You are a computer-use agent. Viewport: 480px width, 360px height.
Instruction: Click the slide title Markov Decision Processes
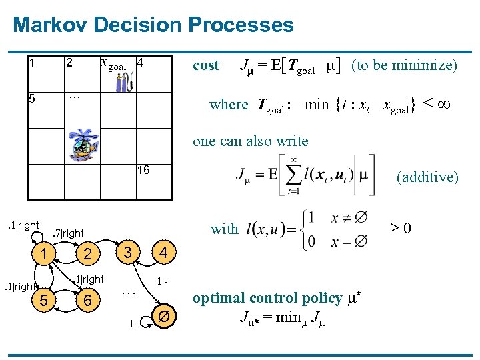(x=153, y=25)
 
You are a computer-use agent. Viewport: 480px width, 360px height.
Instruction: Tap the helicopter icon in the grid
(x=85, y=144)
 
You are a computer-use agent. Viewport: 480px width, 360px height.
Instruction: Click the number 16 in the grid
(x=143, y=171)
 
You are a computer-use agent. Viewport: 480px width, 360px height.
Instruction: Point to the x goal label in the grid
(x=113, y=65)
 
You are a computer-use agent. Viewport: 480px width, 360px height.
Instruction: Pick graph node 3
(x=128, y=251)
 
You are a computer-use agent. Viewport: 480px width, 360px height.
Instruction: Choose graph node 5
(x=42, y=301)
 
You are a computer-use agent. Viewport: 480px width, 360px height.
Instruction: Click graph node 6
(x=86, y=301)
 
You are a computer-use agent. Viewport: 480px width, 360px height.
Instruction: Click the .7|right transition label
(x=68, y=233)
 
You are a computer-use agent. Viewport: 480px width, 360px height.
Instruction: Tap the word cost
(x=205, y=65)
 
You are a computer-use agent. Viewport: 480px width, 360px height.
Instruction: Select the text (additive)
(x=427, y=177)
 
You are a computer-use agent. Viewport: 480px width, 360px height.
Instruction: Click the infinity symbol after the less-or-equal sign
(x=443, y=105)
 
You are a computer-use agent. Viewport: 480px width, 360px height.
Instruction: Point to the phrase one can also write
(x=250, y=141)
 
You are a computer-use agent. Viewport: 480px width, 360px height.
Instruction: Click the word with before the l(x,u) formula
(x=224, y=229)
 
